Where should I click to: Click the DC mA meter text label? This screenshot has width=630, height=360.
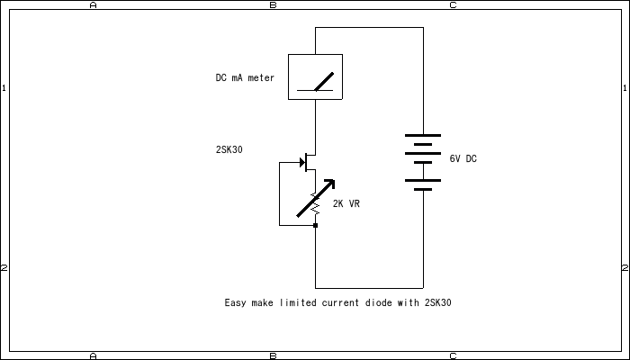(x=245, y=78)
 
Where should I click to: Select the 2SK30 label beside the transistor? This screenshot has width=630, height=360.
(x=229, y=149)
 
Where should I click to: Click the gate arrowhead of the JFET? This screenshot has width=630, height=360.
(x=301, y=162)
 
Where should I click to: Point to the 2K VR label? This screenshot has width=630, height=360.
(x=346, y=204)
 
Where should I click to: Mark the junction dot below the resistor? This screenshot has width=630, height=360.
(x=315, y=225)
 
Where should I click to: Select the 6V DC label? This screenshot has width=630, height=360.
(x=463, y=159)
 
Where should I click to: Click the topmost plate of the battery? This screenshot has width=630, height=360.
(x=423, y=136)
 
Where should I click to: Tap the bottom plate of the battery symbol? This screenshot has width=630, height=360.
(x=423, y=189)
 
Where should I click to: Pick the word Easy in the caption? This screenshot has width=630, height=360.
(x=234, y=303)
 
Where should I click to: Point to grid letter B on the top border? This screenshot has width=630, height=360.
(x=273, y=4)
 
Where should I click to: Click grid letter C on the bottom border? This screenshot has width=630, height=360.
(x=453, y=355)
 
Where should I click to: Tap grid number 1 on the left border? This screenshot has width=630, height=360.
(x=4, y=88)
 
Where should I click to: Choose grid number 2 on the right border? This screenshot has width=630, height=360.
(x=625, y=268)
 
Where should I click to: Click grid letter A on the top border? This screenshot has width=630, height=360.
(x=93, y=4)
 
